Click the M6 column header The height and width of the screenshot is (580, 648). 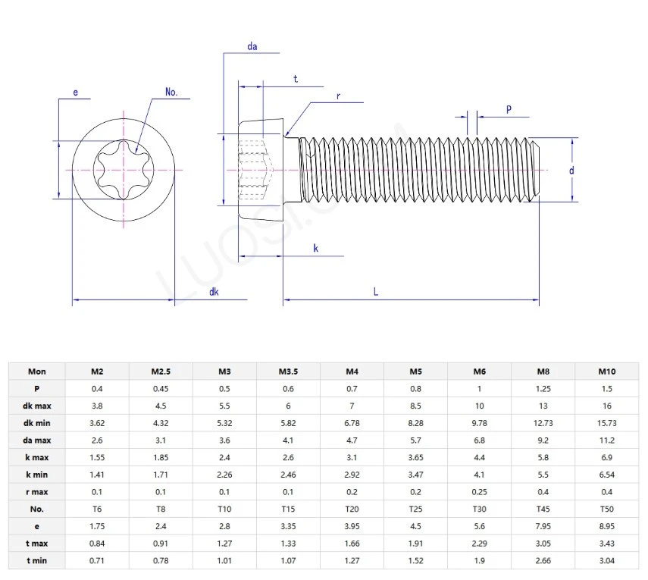(x=479, y=371)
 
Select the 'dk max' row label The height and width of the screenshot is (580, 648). (x=36, y=406)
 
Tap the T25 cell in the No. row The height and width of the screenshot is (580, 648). (x=415, y=509)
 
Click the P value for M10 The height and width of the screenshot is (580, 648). (x=606, y=388)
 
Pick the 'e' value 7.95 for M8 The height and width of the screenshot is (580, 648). (x=543, y=526)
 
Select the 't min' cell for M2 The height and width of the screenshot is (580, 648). (x=97, y=561)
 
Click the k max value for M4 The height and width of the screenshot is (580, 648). (x=352, y=457)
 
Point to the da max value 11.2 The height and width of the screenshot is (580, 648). (x=606, y=440)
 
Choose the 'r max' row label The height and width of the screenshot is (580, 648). (x=36, y=491)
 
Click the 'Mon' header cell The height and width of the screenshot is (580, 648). (x=36, y=371)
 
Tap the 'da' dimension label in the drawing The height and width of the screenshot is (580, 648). (x=252, y=47)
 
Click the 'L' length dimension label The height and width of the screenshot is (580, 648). (x=376, y=291)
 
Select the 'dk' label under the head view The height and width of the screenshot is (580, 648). (x=214, y=292)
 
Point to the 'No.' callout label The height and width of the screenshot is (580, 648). (x=171, y=92)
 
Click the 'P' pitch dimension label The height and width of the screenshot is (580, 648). (x=509, y=110)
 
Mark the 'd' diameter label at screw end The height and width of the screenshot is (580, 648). (x=571, y=171)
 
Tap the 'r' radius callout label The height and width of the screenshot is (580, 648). (x=339, y=96)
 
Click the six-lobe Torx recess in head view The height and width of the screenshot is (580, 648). (x=124, y=171)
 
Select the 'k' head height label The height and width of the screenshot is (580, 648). (x=315, y=249)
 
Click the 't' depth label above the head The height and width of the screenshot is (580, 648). (x=295, y=79)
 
